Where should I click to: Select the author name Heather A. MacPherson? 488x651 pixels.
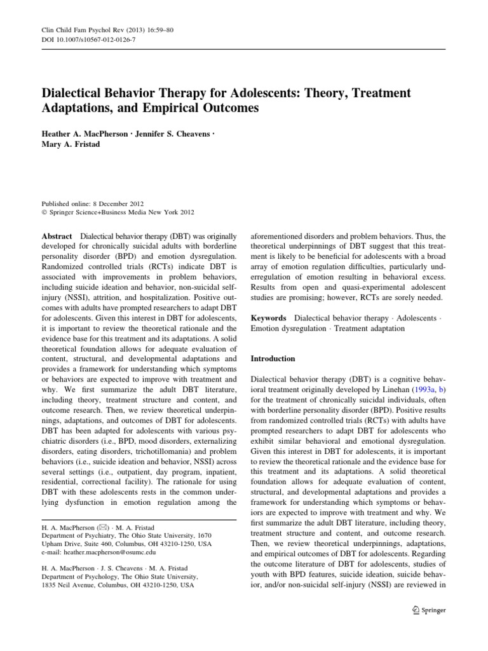[x=85, y=135]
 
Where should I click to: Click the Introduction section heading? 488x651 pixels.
[x=273, y=359]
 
